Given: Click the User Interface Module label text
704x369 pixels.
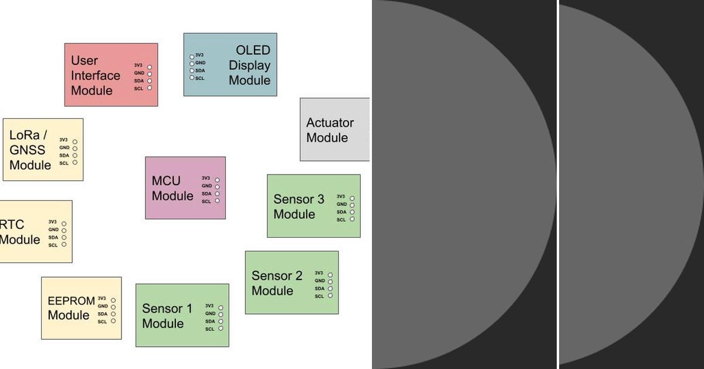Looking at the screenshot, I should [95, 76].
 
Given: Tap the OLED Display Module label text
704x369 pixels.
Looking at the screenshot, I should [249, 65].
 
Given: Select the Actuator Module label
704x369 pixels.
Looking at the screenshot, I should [330, 130].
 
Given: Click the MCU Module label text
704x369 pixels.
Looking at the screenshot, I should [172, 188].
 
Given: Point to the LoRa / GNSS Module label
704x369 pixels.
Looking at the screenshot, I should [31, 150].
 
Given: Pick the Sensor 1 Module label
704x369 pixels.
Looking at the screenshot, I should [167, 316].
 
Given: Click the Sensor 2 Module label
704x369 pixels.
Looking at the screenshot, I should [276, 283].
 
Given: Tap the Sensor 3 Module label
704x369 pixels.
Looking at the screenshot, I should [298, 207].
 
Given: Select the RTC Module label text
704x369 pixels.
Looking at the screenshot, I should [20, 232].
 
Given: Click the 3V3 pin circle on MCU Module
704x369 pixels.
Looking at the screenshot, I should [217, 180].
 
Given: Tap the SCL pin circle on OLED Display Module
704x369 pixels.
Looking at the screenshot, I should [192, 78].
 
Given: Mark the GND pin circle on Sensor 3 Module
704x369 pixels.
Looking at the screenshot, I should [352, 205].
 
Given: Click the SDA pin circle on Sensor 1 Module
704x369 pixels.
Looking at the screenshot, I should [221, 322].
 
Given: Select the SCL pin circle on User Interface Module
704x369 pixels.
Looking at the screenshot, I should [149, 88].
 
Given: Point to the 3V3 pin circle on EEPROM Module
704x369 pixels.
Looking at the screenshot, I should [113, 300].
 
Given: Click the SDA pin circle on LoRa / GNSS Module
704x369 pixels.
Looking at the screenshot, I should [75, 156].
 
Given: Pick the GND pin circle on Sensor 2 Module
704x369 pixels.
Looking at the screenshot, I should [330, 282].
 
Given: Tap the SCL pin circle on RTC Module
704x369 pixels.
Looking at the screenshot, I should [64, 245].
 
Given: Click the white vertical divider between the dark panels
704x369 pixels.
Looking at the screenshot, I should [557, 184].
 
